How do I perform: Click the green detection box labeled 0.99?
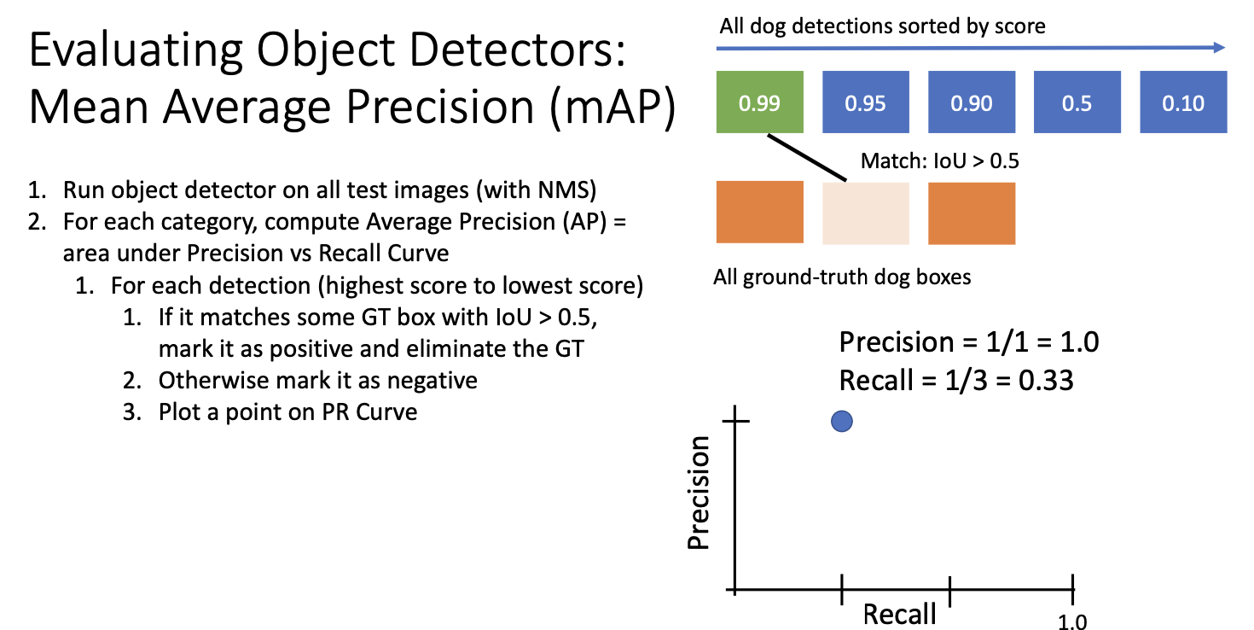pos(760,102)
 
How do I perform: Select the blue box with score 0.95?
pos(866,102)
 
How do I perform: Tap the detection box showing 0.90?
pos(972,102)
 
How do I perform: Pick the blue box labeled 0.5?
pos(1077,102)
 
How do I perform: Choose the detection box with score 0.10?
pos(1183,102)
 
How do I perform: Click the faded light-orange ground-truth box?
pos(866,213)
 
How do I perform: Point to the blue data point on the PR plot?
pos(841,421)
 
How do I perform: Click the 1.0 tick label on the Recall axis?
pos(1072,621)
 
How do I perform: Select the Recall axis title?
pos(900,615)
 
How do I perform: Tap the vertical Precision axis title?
pos(699,493)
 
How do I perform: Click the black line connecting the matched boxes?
pos(807,157)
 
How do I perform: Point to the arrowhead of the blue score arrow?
pos(1219,48)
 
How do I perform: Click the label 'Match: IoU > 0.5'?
pos(939,161)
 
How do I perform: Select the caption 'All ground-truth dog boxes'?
pos(842,277)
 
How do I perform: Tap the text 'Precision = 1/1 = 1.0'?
pos(969,341)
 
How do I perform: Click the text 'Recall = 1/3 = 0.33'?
pos(956,380)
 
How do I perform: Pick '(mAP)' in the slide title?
pos(613,108)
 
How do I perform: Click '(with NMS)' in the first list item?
pos(537,190)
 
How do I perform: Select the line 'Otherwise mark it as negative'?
pos(318,381)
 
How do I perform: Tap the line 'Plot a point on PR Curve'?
pos(287,412)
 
